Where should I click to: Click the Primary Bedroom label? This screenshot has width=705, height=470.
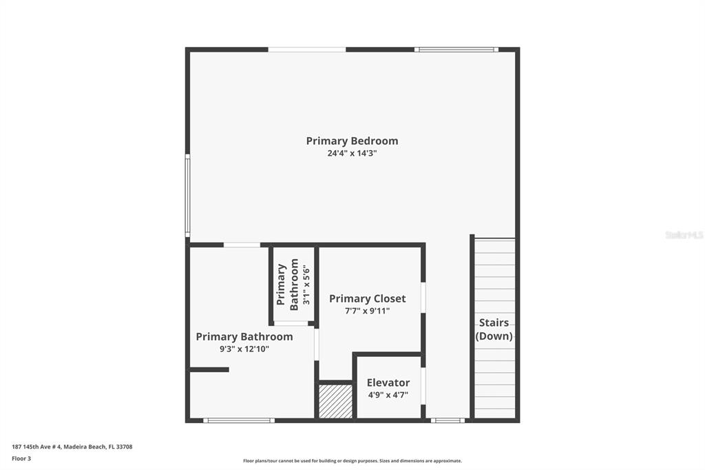coord(352,141)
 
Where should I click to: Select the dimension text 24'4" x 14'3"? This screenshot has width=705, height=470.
coord(352,154)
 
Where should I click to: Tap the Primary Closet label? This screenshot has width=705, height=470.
coord(367,298)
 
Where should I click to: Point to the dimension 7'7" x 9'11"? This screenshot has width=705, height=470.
coord(367,311)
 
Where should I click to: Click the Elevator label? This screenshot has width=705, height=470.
coord(388,382)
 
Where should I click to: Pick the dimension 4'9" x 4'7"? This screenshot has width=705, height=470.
coord(388,395)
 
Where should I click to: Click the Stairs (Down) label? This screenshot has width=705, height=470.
coord(494,329)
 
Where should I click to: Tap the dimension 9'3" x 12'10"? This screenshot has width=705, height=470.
coord(244,349)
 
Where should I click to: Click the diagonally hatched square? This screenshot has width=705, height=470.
coord(336,401)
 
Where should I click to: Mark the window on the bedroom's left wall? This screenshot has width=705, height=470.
coord(187,196)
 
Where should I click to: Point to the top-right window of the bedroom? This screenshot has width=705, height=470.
coord(456,50)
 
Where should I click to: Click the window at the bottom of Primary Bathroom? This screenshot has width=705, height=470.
coord(239,420)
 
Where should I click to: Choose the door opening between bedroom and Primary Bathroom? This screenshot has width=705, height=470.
coord(242,245)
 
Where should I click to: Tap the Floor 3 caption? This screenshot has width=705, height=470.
coord(23,458)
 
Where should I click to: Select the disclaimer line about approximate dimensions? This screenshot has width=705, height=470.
coord(352,461)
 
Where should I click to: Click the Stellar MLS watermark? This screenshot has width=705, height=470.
coord(684,235)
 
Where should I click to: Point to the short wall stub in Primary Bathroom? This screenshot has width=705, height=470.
coord(209,369)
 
